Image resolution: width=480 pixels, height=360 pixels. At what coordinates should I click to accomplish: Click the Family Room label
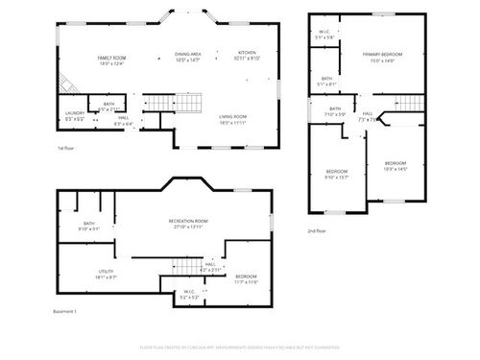click(x=111, y=60)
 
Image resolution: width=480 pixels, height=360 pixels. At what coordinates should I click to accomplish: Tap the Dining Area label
click(x=187, y=57)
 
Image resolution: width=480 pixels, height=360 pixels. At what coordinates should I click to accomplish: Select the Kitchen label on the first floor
click(x=247, y=55)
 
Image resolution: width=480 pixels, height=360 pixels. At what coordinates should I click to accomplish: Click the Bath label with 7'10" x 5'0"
click(x=335, y=111)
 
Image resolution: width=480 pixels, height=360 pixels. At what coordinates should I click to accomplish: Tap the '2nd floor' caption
click(x=317, y=231)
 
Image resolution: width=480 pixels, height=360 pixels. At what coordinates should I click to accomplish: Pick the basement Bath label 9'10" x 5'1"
click(x=88, y=227)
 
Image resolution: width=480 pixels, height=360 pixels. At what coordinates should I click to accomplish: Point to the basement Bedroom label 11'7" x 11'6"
click(x=247, y=278)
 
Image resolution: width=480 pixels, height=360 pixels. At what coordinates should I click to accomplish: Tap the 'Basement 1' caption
click(x=64, y=312)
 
